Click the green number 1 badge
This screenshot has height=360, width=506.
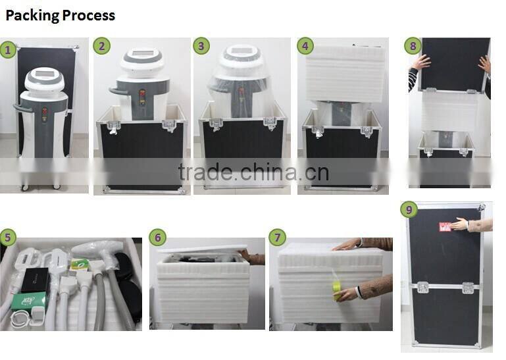point(8,49)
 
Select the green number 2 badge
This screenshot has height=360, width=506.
point(101,45)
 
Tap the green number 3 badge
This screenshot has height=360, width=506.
point(201,45)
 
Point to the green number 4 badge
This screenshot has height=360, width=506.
point(304,45)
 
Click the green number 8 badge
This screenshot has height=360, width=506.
point(413,46)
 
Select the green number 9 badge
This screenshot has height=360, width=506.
point(409,210)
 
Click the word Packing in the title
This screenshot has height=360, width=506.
point(32,16)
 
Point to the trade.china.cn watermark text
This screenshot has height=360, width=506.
point(253,172)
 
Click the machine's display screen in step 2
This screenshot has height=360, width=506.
point(142,54)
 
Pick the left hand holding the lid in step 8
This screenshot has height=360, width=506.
point(420,63)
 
